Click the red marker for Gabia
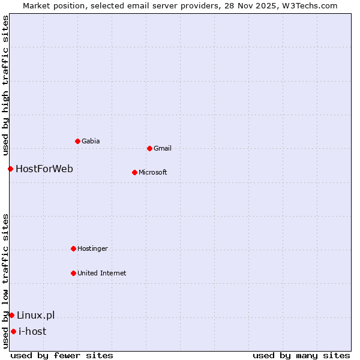77,141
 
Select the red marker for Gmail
149,148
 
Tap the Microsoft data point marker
134,172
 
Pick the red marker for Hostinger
73,248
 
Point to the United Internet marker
73,273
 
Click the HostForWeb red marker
10,169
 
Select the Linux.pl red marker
11,315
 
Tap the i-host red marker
13,331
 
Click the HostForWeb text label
44,169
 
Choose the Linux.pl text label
35,315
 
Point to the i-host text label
32,331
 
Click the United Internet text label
101,273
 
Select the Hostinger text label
92,248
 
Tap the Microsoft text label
152,172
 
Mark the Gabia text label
91,141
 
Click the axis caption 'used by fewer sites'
62,355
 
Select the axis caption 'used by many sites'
301,355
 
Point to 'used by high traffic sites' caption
5,85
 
